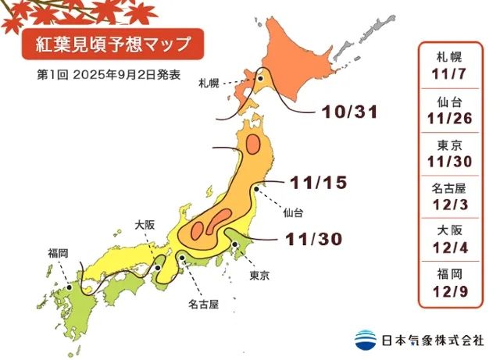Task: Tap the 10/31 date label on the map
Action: coord(349,112)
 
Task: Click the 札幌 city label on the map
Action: coord(209,81)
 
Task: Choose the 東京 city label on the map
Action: coord(259,276)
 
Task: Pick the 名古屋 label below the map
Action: coord(204,301)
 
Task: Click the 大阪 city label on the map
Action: coord(144,224)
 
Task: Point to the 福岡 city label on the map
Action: coord(58,253)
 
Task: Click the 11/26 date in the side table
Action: coord(454,118)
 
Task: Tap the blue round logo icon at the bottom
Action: coord(365,340)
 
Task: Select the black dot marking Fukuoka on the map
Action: coord(69,287)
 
